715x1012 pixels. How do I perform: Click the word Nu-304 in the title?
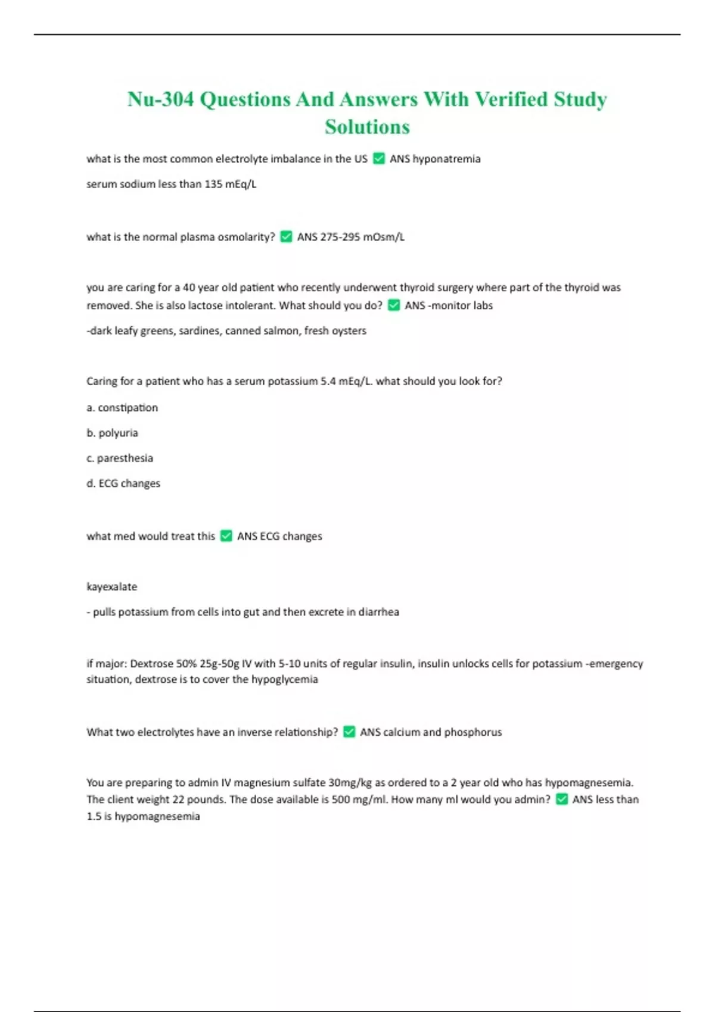coord(160,99)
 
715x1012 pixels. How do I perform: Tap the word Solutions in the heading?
coord(367,127)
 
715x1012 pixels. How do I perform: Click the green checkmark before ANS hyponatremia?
coord(379,158)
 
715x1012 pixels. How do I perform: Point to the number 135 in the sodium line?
coord(213,184)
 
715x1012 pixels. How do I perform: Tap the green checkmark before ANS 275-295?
coord(286,237)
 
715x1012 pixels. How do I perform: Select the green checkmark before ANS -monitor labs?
coord(394,305)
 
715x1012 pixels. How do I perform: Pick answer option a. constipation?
coord(122,408)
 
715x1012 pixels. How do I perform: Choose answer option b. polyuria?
coord(112,433)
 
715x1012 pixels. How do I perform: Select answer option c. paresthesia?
coord(120,458)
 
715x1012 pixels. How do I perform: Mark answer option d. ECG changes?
coord(123,483)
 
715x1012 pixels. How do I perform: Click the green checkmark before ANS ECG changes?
coord(226,536)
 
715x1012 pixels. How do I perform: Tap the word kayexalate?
coord(111,586)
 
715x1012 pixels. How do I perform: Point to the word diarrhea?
coord(378,612)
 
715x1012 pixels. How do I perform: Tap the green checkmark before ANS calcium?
coord(349,732)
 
